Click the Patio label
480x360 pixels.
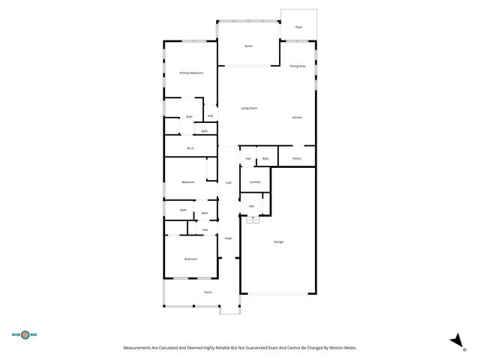[298, 27]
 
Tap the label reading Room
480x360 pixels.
[248, 46]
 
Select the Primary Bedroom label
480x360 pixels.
[191, 73]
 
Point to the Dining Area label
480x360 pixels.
[298, 67]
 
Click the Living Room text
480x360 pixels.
[249, 109]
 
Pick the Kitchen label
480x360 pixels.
[297, 118]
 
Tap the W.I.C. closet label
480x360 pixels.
[191, 148]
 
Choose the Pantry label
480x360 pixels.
[297, 158]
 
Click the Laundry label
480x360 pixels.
[255, 182]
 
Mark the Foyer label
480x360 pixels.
[229, 238]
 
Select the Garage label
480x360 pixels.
[278, 241]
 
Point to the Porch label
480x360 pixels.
[208, 292]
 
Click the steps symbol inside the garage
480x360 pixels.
[253, 219]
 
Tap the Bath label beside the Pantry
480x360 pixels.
[265, 158]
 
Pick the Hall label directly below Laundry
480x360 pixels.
[251, 205]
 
